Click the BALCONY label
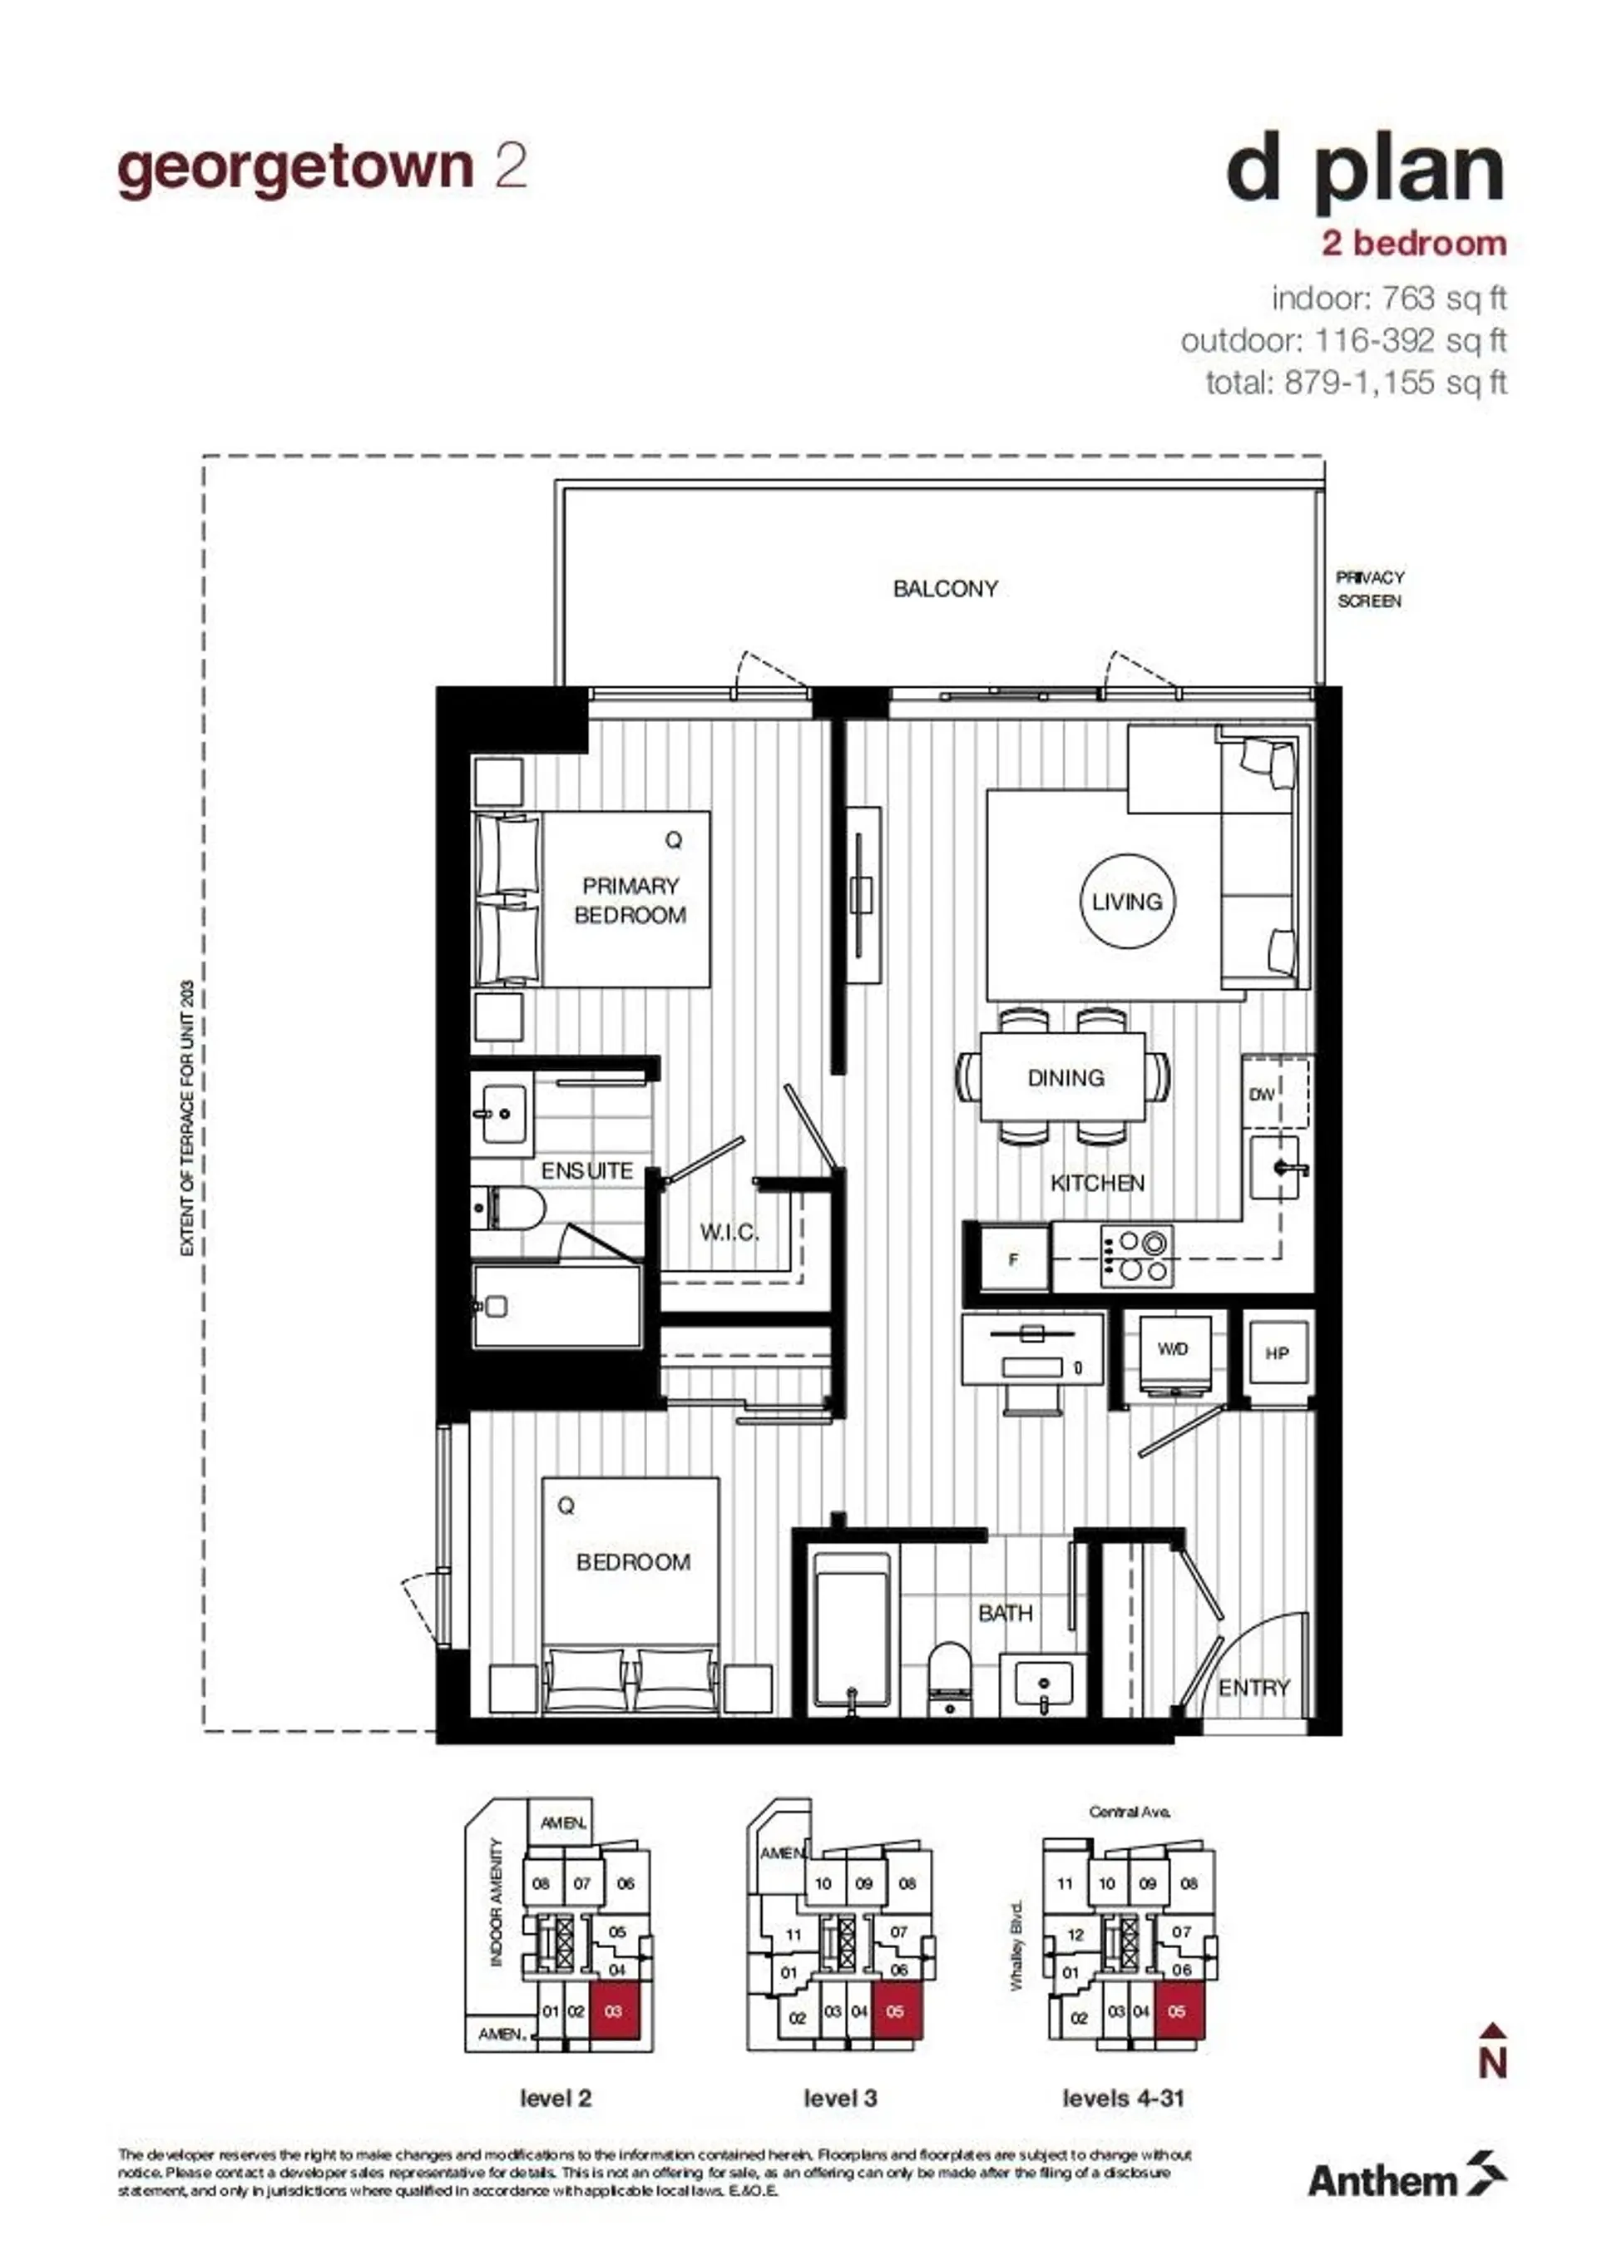coord(944,589)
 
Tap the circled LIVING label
coord(1126,901)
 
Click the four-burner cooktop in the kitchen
coord(1137,1257)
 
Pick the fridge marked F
coord(1014,1259)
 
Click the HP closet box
coord(1277,1354)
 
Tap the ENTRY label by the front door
coord(1253,1688)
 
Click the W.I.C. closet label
coord(729,1231)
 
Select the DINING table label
coord(1065,1077)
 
